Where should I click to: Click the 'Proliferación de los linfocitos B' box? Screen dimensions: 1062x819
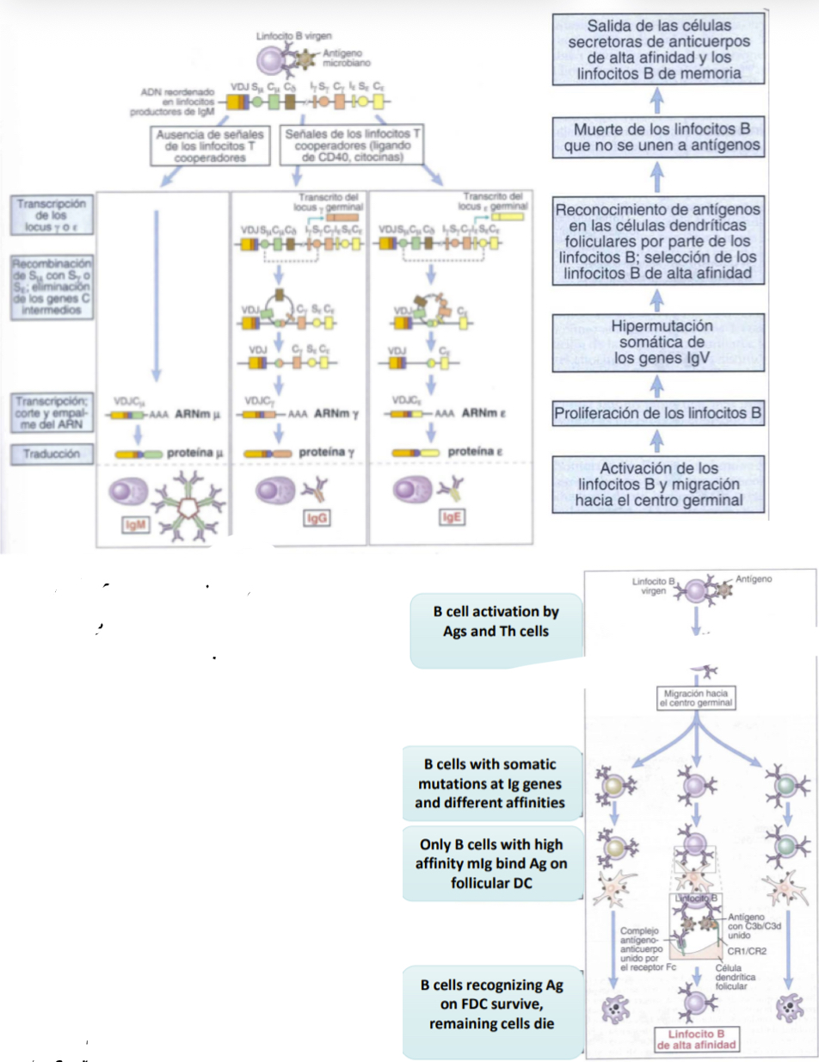[x=658, y=412]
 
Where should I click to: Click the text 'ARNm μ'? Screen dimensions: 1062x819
[x=200, y=413]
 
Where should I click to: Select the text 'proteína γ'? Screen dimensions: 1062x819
[x=323, y=451]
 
